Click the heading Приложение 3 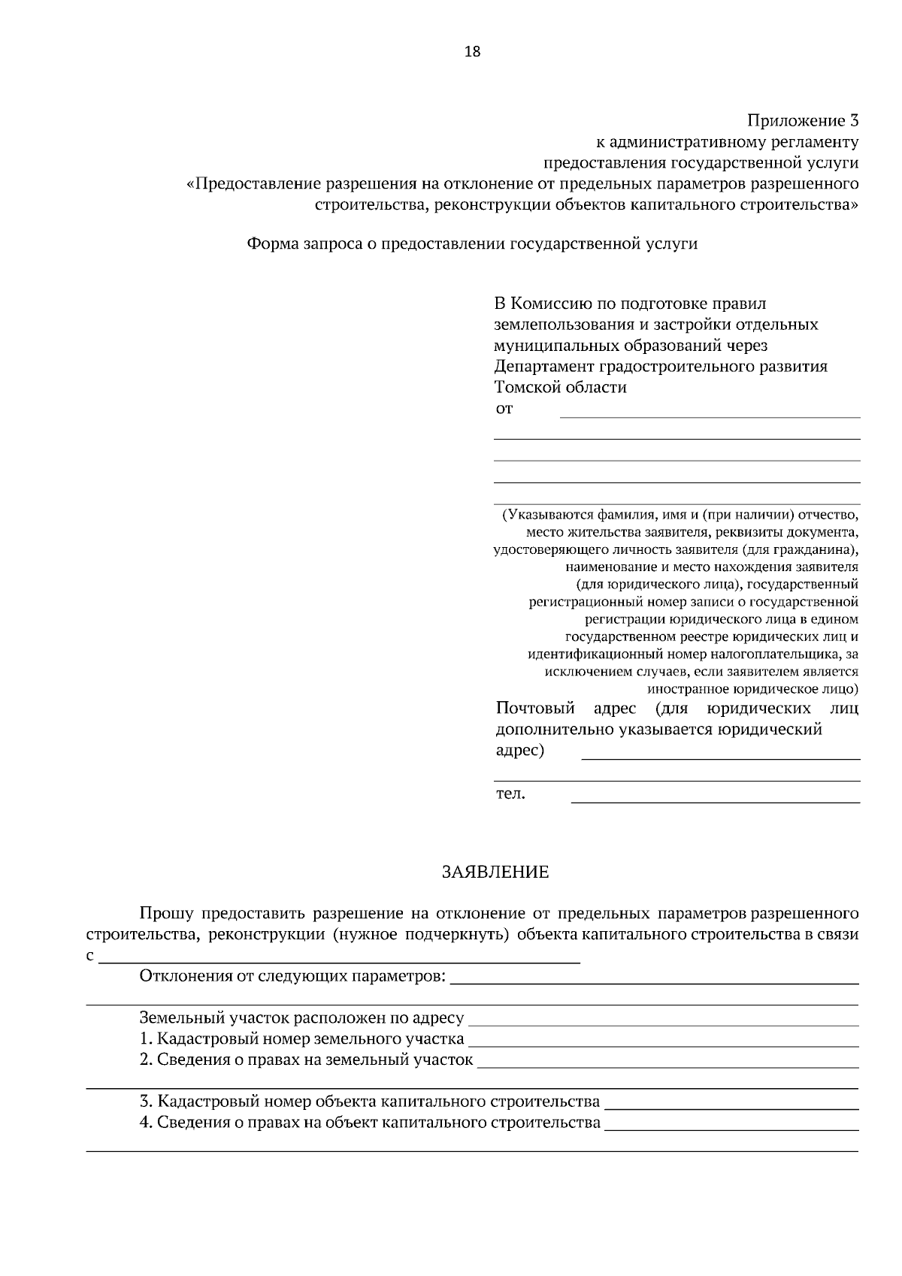coord(801,120)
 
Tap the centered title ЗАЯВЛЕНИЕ coord(495,872)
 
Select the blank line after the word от coord(710,415)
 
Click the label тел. coord(510,794)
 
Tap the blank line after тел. coord(716,801)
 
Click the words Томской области coord(560,388)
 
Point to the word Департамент coord(544,367)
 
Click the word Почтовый coord(535,709)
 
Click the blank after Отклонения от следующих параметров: coord(654,982)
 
